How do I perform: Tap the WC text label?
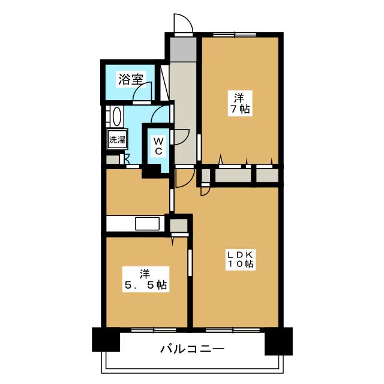click(x=157, y=146)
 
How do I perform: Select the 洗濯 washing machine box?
click(x=117, y=140)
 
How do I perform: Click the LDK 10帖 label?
click(x=240, y=259)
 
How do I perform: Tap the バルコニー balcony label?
click(x=192, y=349)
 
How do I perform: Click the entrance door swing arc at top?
click(x=182, y=24)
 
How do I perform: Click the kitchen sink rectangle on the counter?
click(x=148, y=224)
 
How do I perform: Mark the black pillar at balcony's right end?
click(x=278, y=340)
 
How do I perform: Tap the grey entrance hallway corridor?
click(x=183, y=108)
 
